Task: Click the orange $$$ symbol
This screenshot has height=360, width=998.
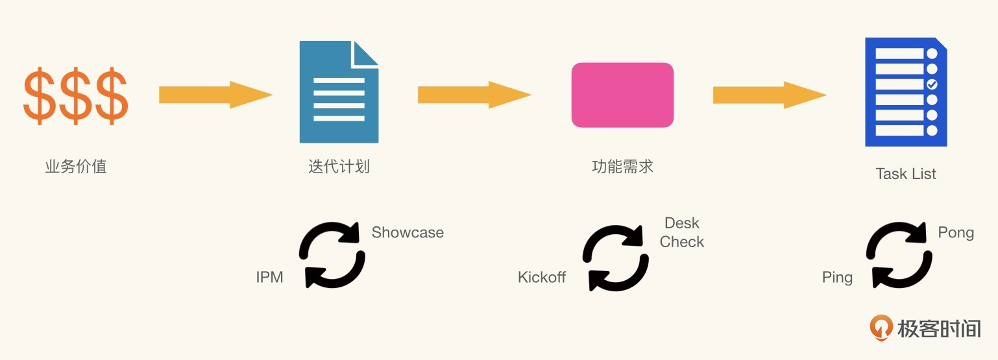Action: (75, 95)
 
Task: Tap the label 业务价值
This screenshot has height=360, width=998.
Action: (75, 167)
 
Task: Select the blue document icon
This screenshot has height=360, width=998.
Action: (339, 92)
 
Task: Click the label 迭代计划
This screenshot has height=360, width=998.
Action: (339, 167)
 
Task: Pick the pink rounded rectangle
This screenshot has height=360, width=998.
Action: (622, 95)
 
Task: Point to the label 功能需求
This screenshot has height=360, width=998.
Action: (622, 167)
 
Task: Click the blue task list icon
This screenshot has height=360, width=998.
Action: (906, 92)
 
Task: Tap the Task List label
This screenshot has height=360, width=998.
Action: (906, 174)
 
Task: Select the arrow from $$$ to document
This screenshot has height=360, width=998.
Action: (215, 95)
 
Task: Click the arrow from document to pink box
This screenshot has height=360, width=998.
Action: (474, 95)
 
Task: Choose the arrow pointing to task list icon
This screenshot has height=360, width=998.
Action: (770, 95)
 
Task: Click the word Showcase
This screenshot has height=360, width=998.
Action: (408, 233)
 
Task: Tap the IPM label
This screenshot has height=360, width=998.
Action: (269, 278)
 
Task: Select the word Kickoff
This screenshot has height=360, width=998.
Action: (542, 278)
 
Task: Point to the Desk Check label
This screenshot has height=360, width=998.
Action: (682, 232)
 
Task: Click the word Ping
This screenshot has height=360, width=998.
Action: (837, 278)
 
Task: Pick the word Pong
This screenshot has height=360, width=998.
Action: (956, 233)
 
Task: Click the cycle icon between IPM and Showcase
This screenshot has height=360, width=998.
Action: (332, 255)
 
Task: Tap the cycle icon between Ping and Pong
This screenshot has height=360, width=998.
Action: (899, 255)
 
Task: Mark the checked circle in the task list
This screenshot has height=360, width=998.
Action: (932, 84)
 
